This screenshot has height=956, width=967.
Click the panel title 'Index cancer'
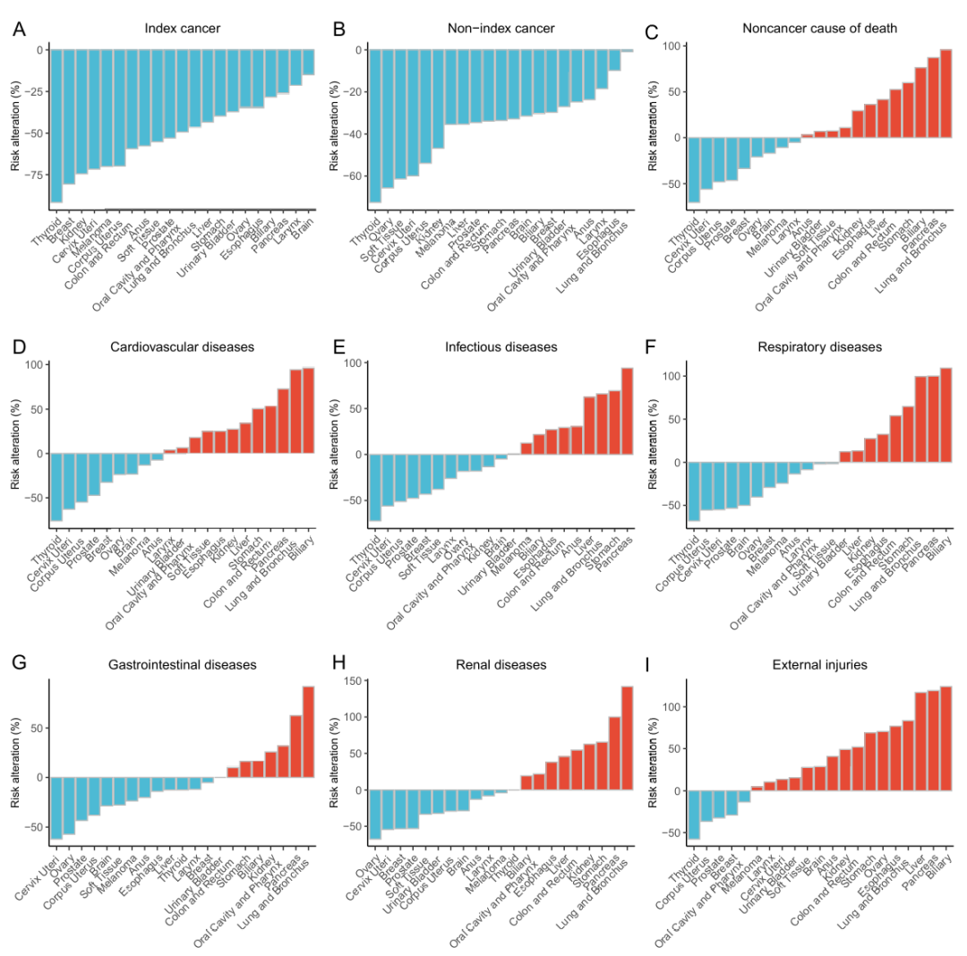[x=183, y=29]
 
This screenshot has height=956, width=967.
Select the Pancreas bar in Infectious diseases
[x=627, y=412]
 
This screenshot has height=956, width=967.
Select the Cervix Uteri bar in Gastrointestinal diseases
[x=56, y=807]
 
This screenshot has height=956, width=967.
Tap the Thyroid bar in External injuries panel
[x=694, y=815]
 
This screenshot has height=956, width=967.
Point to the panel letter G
[x=20, y=665]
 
